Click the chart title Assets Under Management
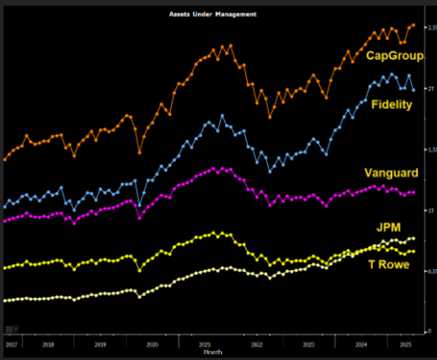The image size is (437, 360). pos(213,14)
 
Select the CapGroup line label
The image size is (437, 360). pos(394,56)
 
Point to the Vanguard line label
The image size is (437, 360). pos(391,173)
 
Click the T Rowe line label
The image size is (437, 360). pos(390,264)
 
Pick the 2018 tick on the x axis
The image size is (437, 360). pos(48,345)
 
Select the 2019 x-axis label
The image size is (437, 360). pos(100,345)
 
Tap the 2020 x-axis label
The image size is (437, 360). pos(152,345)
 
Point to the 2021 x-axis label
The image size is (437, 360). pos(205,345)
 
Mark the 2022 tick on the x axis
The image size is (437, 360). pos(256,345)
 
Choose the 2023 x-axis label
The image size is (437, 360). pos(308,345)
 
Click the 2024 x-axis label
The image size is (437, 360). pos(361,345)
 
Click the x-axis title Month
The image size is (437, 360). pos(213,353)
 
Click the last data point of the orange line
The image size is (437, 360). pos(413,25)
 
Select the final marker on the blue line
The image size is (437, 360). pos(413,90)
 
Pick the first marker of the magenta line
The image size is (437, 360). pos(5,221)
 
